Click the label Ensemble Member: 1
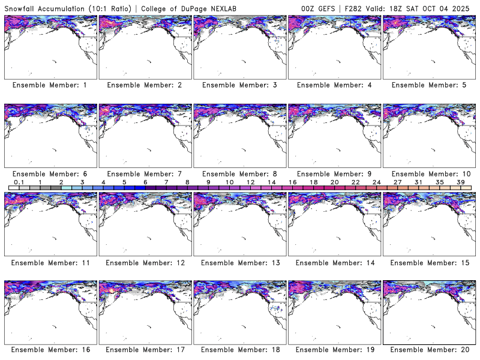pyautogui.click(x=50, y=85)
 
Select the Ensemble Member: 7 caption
pyautogui.click(x=145, y=174)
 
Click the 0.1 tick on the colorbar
pyautogui.click(x=19, y=182)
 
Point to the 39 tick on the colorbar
pyautogui.click(x=460, y=182)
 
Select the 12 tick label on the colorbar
pyautogui.click(x=250, y=182)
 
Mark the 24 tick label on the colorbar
pyautogui.click(x=376, y=182)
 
